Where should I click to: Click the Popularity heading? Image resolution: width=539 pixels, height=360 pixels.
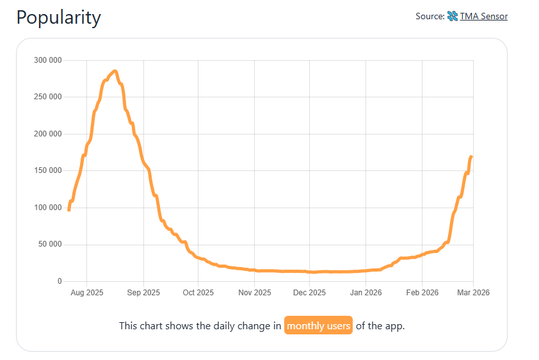pos(58,17)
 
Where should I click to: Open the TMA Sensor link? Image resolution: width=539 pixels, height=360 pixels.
pos(483,16)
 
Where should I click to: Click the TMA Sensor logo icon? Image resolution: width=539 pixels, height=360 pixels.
pos(452,16)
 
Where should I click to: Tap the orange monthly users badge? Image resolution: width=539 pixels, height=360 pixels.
pos(319,325)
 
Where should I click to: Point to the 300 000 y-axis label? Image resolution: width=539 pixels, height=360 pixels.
pos(47,61)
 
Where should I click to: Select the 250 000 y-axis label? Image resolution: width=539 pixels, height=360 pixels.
pos(47,97)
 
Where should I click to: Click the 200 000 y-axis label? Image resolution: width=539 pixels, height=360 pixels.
pos(47,134)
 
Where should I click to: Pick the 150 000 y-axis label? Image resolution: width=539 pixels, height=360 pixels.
pos(47,171)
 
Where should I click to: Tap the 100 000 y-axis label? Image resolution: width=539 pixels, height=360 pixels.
pos(47,208)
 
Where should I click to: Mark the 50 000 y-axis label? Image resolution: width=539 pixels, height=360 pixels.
pos(49,245)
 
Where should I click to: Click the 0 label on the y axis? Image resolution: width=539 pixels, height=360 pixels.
pos(60,281)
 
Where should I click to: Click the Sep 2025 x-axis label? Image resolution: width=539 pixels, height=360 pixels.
pos(143,293)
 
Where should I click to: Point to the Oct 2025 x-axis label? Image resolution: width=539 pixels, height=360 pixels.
pos(198,293)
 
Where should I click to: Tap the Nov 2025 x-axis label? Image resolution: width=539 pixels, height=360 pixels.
pos(255,293)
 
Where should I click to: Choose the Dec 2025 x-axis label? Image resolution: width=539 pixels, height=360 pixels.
pos(309,293)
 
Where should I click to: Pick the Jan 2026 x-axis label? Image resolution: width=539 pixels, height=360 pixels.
pos(366,293)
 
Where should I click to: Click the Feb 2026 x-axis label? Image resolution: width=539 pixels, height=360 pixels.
pos(422,293)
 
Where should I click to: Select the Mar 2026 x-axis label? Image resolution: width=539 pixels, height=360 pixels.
pos(473,293)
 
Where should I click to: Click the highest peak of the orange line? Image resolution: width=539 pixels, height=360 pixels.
pos(115,71)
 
